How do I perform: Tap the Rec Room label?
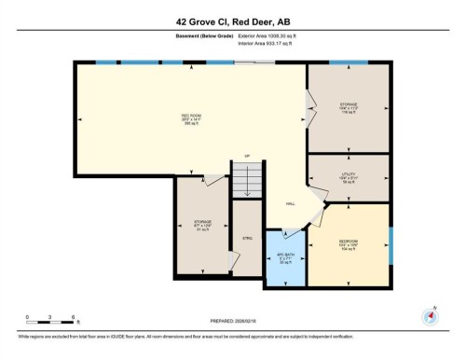(x=191, y=118)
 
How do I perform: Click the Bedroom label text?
(x=349, y=244)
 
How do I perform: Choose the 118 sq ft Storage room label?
(x=348, y=106)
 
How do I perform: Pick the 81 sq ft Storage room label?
(x=202, y=224)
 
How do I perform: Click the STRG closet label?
(x=248, y=239)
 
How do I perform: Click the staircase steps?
(x=248, y=177)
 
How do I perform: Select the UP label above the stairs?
(x=247, y=155)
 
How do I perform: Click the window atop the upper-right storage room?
(x=348, y=62)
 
